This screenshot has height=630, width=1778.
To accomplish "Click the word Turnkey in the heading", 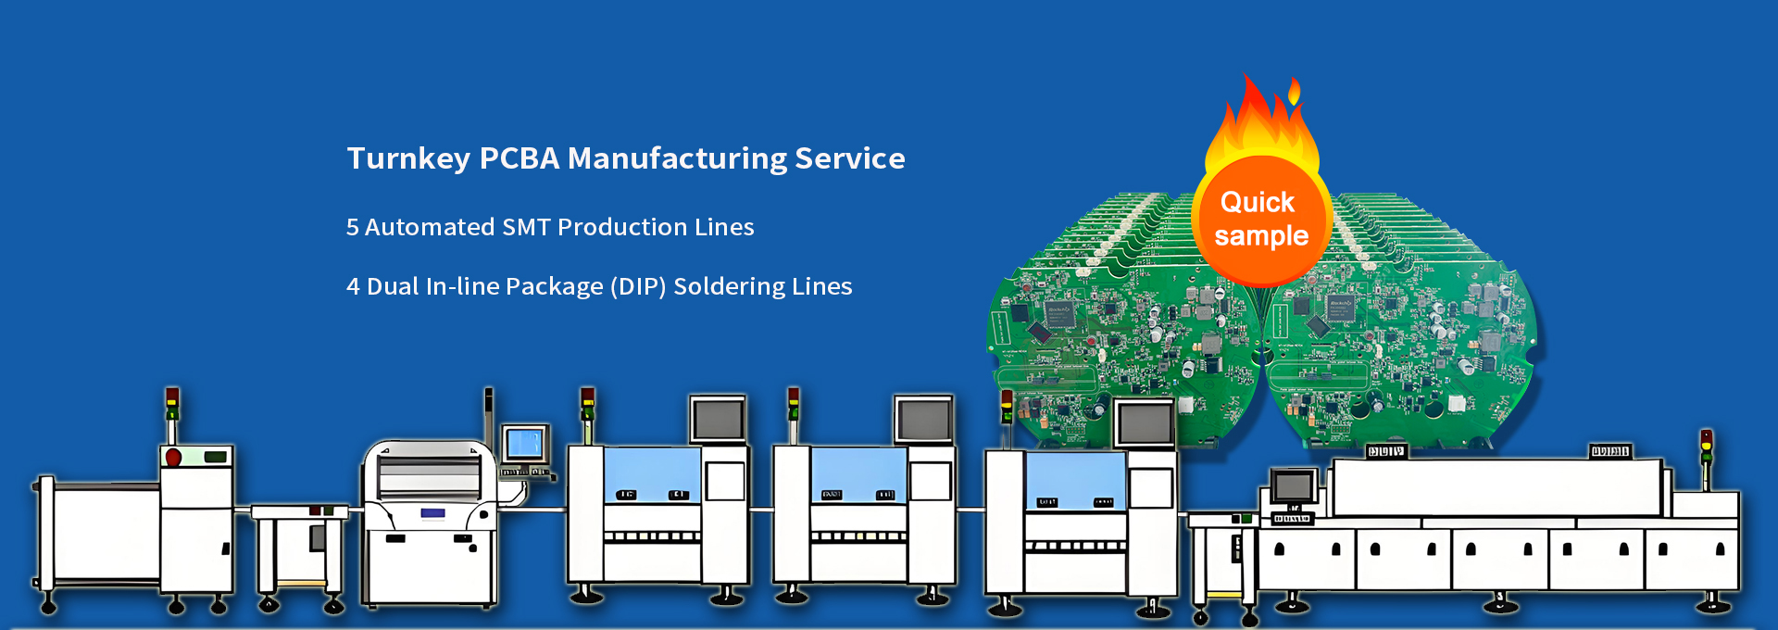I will (x=407, y=159).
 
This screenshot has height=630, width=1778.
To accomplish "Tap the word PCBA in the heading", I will (x=519, y=159).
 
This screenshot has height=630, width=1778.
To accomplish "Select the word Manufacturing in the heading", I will (x=677, y=159).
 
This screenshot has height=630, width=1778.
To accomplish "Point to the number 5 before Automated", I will (x=352, y=228).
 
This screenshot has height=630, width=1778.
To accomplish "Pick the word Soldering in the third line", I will (x=725, y=287).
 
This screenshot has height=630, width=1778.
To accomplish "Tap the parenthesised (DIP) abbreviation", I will (x=638, y=287).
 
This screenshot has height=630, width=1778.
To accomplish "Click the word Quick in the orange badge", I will (x=1257, y=203).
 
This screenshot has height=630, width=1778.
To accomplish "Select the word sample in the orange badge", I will (x=1261, y=236).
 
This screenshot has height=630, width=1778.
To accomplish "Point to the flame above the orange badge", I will (x=1261, y=120).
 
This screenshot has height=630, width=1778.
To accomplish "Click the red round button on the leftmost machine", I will (x=173, y=457).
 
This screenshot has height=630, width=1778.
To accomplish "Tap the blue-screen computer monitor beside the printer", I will (x=525, y=444).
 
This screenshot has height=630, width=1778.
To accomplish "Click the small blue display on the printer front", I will (x=432, y=513).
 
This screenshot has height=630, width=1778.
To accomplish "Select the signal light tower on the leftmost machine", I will (x=172, y=405).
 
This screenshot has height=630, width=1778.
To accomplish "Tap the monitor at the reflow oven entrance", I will (x=1293, y=485).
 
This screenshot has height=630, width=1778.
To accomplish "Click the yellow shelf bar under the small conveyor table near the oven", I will (x=1224, y=594).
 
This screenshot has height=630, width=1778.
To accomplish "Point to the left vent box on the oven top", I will (x=1385, y=451).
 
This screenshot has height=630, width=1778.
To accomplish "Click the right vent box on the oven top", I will (x=1609, y=451).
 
